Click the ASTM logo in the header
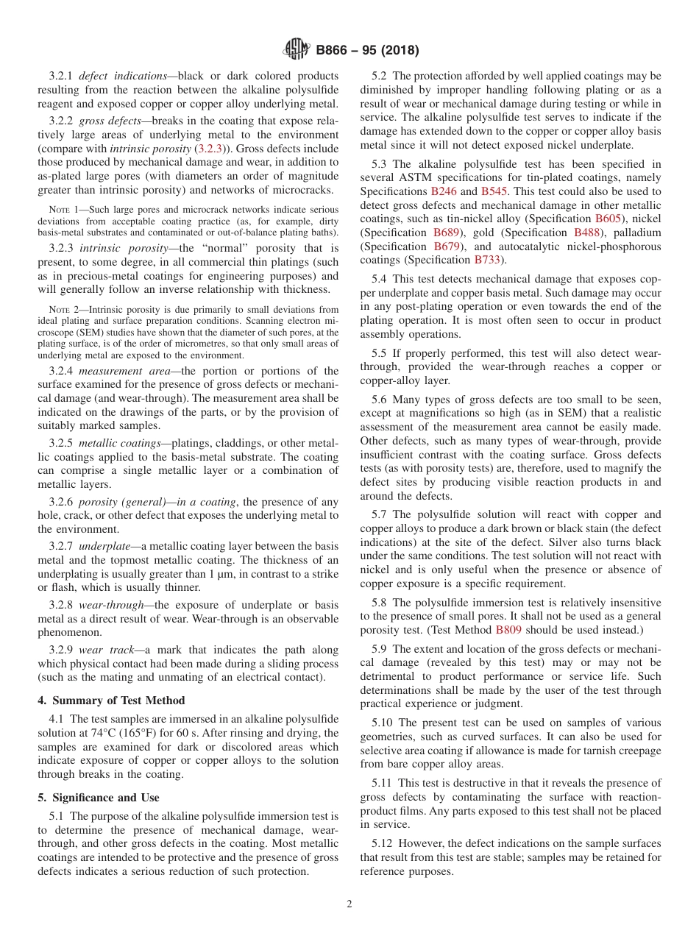[x=297, y=50]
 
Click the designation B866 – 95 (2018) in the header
[x=367, y=51]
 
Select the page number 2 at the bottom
[x=349, y=904]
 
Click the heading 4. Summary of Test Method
[x=111, y=700]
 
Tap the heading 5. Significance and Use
[x=99, y=797]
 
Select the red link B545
[x=493, y=191]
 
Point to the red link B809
[x=508, y=630]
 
